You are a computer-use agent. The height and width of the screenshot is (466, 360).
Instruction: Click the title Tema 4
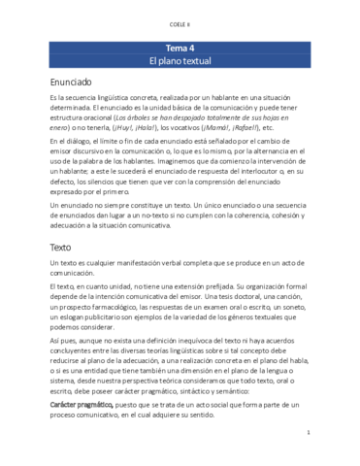[180, 47]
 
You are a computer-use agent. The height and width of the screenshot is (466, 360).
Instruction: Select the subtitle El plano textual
[180, 60]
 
